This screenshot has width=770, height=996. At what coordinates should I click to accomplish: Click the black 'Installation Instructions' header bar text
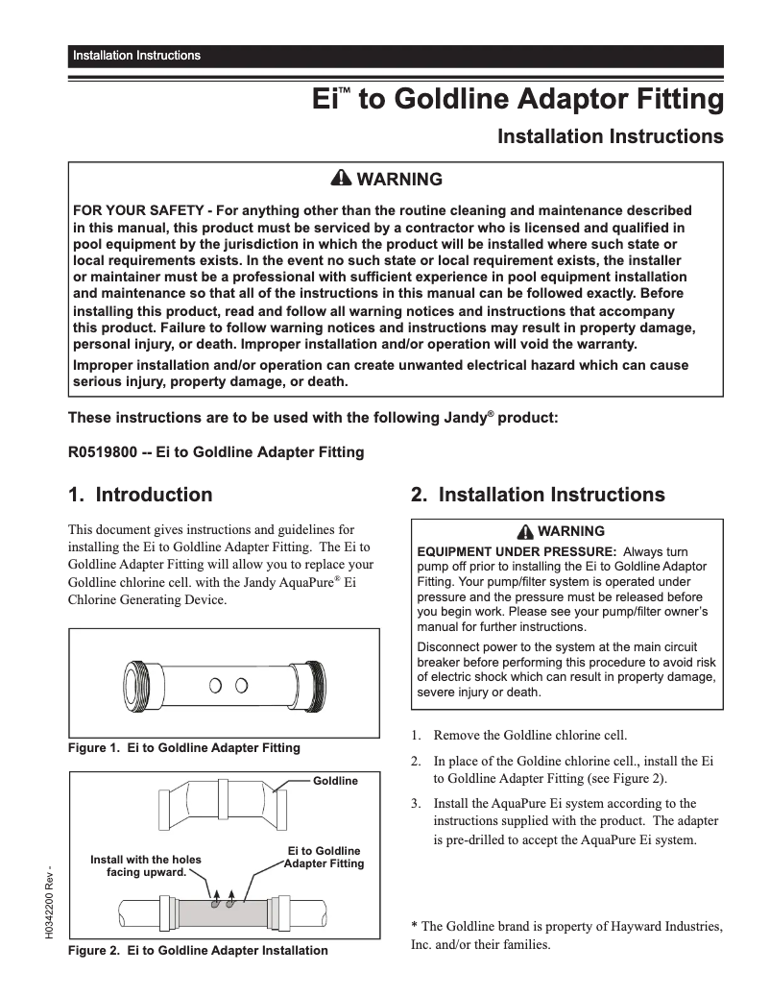point(136,56)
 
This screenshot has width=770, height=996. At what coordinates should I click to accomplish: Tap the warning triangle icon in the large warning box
point(342,180)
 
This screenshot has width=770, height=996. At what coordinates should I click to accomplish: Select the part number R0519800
point(102,452)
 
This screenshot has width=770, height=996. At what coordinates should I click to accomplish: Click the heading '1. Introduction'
point(140,496)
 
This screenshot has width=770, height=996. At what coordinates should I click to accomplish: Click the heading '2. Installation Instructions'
point(538,496)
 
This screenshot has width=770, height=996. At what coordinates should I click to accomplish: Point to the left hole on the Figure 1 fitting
point(216,685)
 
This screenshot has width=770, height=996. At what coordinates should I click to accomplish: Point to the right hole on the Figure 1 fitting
point(241,685)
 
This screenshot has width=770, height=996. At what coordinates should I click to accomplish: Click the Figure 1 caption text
point(183,747)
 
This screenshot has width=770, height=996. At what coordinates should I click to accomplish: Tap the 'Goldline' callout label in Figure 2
point(335,781)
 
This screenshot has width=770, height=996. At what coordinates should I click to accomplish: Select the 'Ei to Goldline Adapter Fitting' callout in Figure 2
point(325,857)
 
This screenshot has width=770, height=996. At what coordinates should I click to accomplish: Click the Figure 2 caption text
point(197,951)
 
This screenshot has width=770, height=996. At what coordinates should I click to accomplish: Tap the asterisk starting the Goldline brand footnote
point(414,927)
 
